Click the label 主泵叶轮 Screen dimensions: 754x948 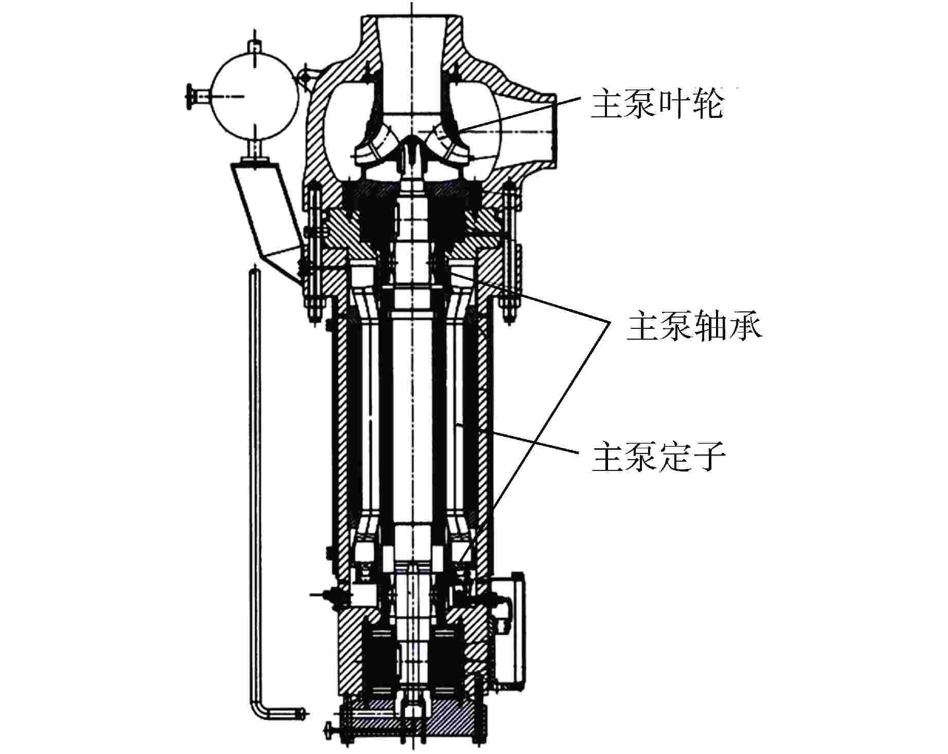click(657, 105)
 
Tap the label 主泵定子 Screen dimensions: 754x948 click(658, 458)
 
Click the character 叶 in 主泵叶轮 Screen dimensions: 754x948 click(674, 105)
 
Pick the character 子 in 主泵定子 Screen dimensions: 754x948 click(709, 458)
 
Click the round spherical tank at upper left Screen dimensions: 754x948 click(254, 95)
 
